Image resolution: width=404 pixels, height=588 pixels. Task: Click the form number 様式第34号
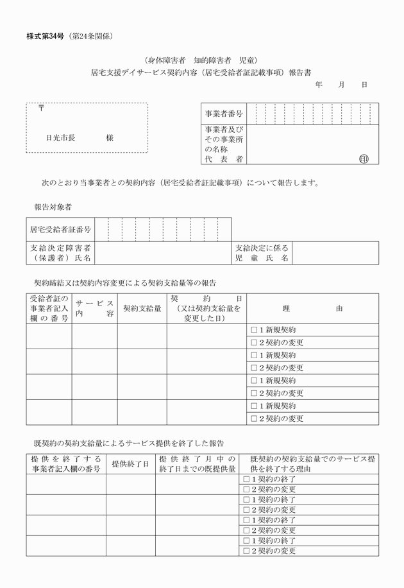tap(47, 36)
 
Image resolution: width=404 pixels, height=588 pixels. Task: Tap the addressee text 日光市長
tap(60, 138)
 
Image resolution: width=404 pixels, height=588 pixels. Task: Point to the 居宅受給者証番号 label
tap(60, 229)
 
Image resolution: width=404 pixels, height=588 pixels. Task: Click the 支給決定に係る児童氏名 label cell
tap(262, 253)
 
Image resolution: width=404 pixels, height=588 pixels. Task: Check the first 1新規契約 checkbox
tap(254, 330)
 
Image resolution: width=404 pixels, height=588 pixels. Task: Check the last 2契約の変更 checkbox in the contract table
tap(254, 419)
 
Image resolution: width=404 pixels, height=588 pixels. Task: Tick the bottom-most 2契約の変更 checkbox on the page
tap(247, 550)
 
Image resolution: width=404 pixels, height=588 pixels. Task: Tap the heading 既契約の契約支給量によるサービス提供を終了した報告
tap(128, 443)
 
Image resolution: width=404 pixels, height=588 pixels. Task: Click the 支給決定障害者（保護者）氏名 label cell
tap(60, 253)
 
